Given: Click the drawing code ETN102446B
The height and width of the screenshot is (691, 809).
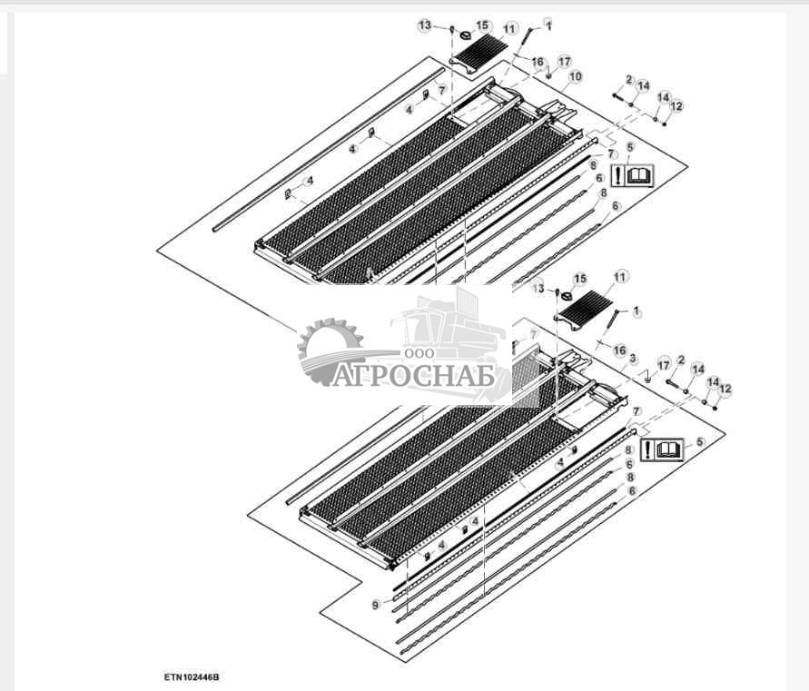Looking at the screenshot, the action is [x=192, y=676].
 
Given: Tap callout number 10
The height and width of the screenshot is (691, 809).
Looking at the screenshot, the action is [x=575, y=76].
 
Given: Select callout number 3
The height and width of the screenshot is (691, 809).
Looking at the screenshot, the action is [x=633, y=359].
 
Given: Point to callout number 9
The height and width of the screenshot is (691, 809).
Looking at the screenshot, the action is [x=376, y=605].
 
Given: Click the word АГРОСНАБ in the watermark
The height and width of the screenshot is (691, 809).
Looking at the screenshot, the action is [x=413, y=375].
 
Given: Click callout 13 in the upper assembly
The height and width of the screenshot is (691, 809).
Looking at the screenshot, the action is [x=425, y=25].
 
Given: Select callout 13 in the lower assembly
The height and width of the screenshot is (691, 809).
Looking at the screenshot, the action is [x=538, y=288].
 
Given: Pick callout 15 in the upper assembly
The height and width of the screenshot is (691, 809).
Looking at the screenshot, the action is [x=482, y=25].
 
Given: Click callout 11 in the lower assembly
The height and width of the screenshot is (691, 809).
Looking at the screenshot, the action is [x=620, y=277].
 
